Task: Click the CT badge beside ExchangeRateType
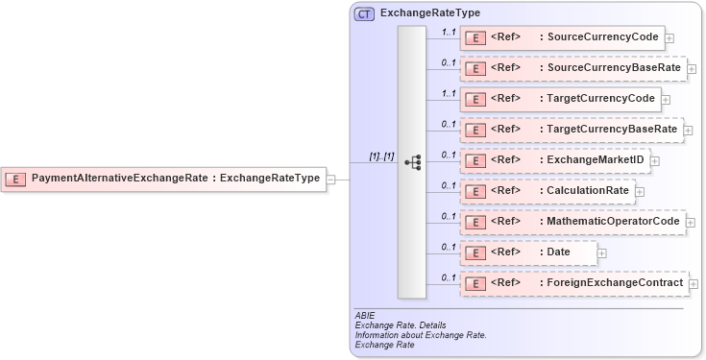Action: tap(364, 14)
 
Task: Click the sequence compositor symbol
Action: tap(412, 163)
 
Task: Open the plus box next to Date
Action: tap(602, 253)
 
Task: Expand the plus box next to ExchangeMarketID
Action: tap(655, 161)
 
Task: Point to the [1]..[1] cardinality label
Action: tap(381, 156)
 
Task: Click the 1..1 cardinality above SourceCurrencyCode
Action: tap(448, 32)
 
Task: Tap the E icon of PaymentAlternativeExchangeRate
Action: tap(16, 178)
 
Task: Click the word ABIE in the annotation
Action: tap(363, 316)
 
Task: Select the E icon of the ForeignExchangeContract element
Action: tap(474, 283)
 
